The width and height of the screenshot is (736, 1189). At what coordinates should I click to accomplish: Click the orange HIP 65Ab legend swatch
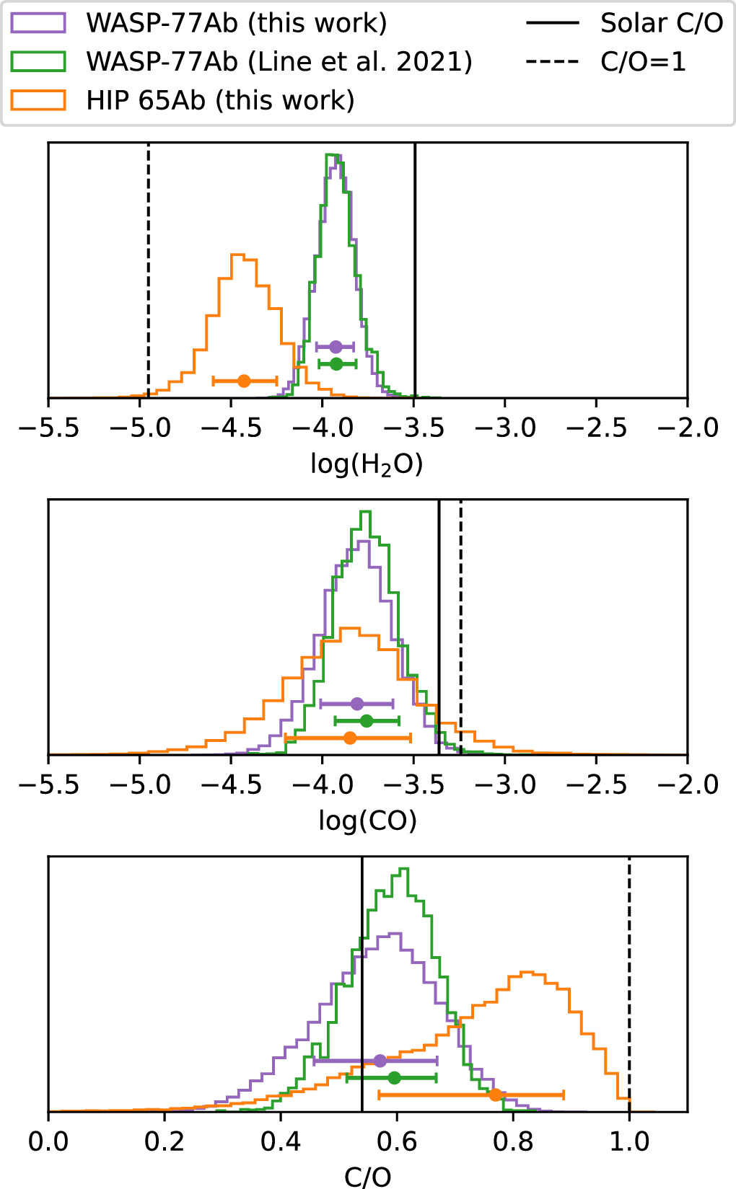click(x=38, y=100)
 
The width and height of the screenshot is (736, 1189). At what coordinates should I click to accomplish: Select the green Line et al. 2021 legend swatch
click(x=38, y=61)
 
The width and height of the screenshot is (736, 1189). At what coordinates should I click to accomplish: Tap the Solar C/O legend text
click(x=661, y=23)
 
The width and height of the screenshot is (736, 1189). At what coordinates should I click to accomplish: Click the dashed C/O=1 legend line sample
click(x=552, y=61)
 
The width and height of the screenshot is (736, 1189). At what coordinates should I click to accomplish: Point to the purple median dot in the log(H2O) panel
click(x=335, y=347)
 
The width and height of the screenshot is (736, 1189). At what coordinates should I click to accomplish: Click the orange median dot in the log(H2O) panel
click(x=244, y=381)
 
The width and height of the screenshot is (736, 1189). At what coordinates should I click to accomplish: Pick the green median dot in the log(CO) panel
click(x=367, y=720)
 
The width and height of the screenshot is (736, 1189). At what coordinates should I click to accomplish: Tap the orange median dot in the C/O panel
click(x=495, y=1095)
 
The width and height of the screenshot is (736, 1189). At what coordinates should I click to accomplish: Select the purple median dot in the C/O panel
click(x=380, y=1061)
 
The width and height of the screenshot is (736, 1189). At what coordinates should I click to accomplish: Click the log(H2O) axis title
click(x=367, y=464)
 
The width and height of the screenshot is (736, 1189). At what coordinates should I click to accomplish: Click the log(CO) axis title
click(x=367, y=821)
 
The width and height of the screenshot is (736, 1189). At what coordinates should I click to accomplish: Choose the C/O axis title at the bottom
click(x=367, y=1176)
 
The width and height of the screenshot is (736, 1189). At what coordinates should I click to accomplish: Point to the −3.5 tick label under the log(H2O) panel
click(x=413, y=428)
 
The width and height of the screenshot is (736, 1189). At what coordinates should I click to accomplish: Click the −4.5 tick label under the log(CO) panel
click(x=231, y=784)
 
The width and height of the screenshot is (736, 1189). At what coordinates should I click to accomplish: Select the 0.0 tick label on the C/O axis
click(x=48, y=1142)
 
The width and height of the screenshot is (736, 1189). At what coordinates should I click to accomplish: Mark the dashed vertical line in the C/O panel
click(x=629, y=973)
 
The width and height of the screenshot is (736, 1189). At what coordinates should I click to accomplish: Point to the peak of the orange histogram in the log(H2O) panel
click(x=238, y=255)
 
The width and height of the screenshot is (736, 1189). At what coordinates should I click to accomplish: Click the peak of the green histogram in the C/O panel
click(x=403, y=869)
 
